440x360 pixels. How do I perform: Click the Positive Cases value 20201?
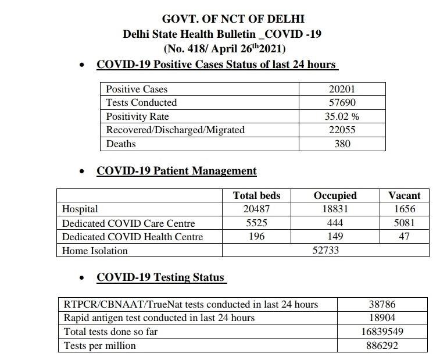342,89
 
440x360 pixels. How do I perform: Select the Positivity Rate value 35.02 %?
342,116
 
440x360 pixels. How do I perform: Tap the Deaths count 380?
342,143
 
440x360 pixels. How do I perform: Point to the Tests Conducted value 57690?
342,102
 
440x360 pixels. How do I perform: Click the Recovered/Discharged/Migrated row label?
175,130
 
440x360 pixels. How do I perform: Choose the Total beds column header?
256,195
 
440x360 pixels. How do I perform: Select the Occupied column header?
335,195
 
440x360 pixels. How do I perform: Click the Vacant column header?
404,195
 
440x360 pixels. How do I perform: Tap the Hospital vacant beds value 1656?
404,209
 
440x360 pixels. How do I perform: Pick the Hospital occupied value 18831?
335,209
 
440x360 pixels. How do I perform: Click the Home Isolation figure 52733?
325,250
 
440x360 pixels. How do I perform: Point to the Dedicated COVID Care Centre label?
128,223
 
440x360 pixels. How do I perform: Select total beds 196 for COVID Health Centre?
256,236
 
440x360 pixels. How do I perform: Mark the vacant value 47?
404,236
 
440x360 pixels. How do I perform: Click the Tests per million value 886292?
382,345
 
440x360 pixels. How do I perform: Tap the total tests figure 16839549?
382,332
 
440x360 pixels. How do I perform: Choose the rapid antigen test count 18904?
382,318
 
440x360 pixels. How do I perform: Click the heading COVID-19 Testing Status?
160,277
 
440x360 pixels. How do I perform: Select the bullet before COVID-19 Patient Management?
83,172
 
